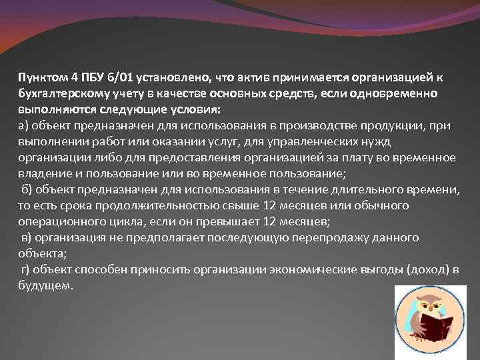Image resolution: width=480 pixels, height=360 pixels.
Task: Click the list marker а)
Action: (23, 125)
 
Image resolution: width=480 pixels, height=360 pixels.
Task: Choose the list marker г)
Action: (27, 269)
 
